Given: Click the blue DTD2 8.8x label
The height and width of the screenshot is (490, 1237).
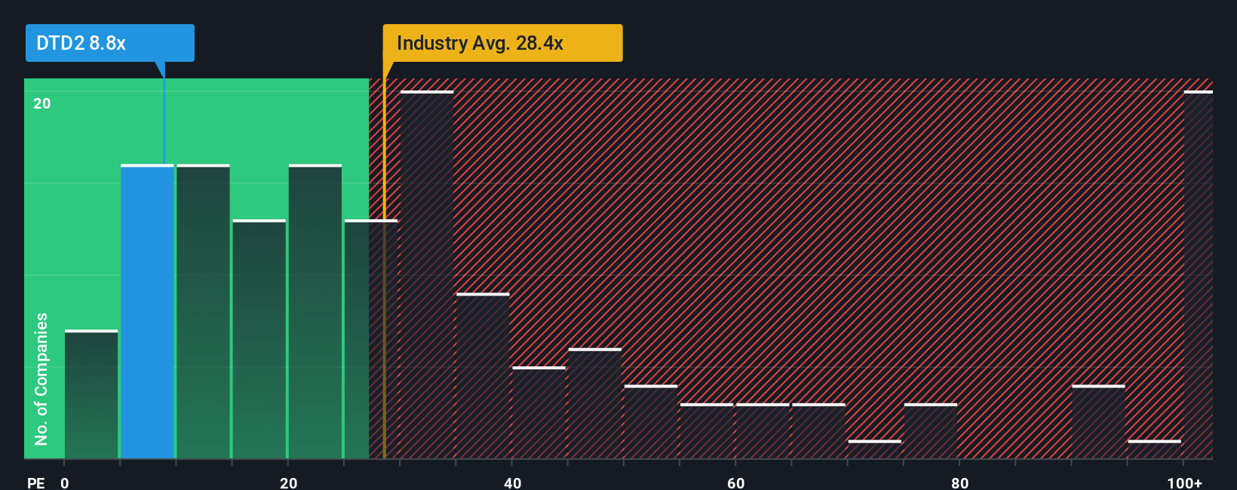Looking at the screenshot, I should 109,43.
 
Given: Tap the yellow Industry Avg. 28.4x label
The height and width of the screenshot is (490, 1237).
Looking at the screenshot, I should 502,43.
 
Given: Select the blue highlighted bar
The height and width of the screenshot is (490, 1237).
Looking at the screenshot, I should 147,311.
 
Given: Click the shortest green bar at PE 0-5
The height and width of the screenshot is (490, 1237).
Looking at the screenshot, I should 91,394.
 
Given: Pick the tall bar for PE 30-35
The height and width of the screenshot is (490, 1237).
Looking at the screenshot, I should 427,275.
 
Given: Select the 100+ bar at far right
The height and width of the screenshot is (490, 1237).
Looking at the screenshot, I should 1198,275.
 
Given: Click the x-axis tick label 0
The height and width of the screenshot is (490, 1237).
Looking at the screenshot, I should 65,482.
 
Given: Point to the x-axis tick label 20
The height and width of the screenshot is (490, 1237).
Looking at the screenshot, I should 288,482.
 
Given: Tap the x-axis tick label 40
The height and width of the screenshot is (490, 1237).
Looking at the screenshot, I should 512,482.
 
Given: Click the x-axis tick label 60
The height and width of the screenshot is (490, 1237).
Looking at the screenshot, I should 735,482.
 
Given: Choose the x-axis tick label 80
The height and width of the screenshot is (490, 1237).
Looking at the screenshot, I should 959,482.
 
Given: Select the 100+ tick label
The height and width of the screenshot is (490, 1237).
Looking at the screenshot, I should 1184,482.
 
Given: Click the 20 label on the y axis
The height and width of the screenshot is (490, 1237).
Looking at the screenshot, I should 42,103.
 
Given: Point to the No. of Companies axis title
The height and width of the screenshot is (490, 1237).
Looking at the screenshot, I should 41,378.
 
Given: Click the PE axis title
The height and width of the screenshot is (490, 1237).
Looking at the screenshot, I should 35,482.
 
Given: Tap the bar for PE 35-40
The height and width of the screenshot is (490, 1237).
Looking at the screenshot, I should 483,376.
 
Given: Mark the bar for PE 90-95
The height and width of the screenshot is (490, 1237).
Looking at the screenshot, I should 1098,422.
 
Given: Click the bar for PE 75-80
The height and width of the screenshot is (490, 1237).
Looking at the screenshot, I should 931,431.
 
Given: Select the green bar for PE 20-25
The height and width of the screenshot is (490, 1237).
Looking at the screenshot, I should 315,311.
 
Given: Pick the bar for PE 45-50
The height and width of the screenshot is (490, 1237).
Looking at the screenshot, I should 595,403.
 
